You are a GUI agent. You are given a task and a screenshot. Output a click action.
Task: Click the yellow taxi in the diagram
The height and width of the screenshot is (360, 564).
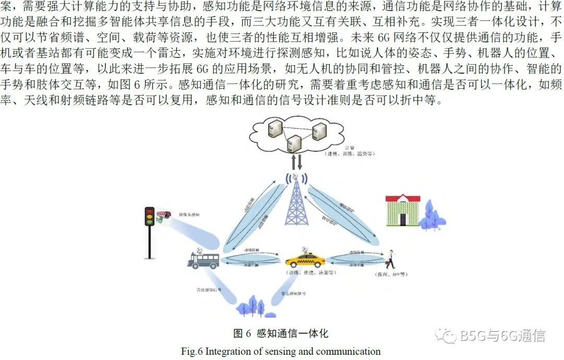(x=305, y=259)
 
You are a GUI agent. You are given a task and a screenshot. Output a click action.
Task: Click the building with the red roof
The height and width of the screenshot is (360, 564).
(x=402, y=210)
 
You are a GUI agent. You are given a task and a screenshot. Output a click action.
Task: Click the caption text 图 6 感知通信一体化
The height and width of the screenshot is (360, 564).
(x=280, y=333)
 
